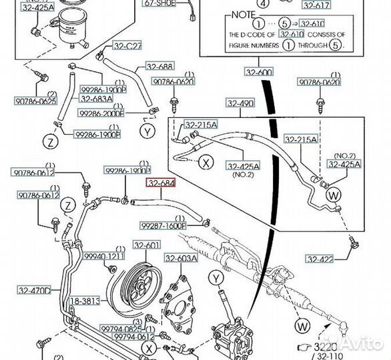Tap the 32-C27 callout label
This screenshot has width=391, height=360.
tap(127, 46)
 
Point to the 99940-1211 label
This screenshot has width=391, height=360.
tap(105, 256)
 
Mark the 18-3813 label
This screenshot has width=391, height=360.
tap(85, 301)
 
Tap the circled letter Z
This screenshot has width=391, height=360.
tap(49, 141)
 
